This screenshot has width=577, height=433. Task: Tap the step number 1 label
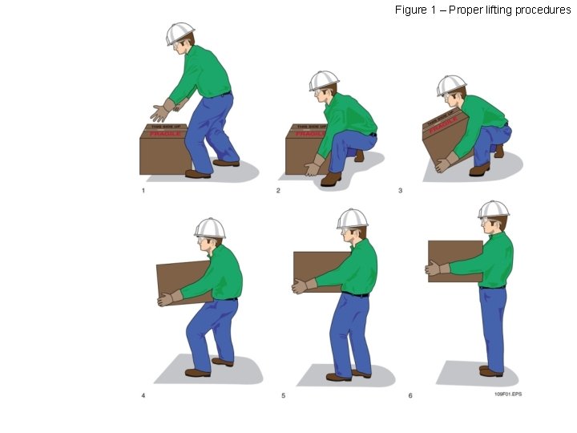[x=143, y=191]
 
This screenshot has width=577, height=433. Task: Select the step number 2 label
[x=277, y=191]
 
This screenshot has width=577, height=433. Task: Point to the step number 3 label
[x=400, y=191]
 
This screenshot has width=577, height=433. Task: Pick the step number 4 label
[x=143, y=395]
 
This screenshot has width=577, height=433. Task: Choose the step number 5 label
[x=282, y=395]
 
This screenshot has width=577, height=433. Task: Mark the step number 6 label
[x=410, y=395]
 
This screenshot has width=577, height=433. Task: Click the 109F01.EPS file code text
[x=507, y=395]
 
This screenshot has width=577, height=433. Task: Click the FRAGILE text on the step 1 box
[x=165, y=134]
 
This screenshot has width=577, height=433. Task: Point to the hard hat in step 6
[x=494, y=209]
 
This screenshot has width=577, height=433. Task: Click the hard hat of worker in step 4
[x=210, y=228]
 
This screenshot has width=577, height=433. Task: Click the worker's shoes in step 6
[x=490, y=370]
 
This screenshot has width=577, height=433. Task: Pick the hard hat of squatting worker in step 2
[x=324, y=80]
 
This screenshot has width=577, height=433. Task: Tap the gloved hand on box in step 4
[x=169, y=298]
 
